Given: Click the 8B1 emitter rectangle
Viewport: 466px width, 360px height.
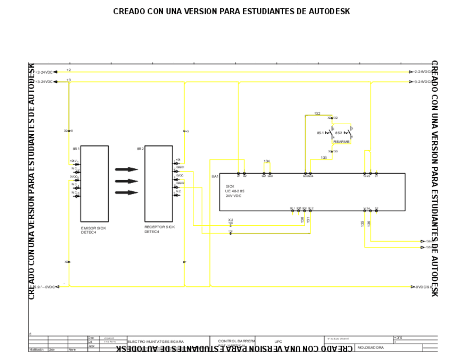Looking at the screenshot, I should [x=95, y=184].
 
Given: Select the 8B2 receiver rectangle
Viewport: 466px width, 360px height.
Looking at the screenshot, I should [x=159, y=184].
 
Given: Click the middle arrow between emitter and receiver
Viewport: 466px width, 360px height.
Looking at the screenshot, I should [x=126, y=181].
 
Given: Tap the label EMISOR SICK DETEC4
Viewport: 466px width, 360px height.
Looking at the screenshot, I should [x=93, y=229].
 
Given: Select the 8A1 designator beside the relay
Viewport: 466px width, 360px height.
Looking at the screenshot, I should [x=215, y=176].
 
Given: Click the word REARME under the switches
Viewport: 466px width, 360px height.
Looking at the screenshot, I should [x=341, y=142].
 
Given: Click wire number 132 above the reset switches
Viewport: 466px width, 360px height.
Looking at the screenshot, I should [x=317, y=114].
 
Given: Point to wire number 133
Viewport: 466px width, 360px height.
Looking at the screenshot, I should [x=324, y=158].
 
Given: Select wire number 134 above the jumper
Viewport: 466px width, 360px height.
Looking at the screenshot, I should [x=267, y=161].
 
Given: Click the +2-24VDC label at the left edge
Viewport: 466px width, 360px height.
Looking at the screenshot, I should [x=44, y=72].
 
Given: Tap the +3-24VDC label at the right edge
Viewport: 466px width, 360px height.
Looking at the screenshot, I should [x=422, y=81].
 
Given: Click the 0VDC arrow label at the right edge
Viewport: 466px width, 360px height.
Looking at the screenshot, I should [x=423, y=287].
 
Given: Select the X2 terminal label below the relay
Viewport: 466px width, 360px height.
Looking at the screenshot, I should [x=231, y=220].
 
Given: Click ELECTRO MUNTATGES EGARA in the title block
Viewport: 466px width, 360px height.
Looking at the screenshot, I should [x=156, y=341].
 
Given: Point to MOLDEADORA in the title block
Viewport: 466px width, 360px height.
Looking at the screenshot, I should [x=371, y=347].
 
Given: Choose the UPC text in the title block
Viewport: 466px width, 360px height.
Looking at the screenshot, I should [x=278, y=341].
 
